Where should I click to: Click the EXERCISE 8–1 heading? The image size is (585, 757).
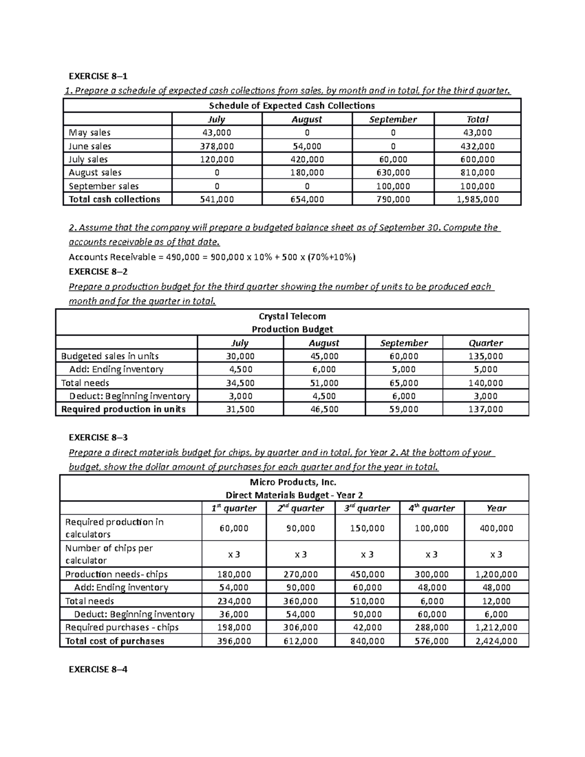(x=98, y=76)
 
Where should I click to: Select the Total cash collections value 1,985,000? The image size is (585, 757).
(x=477, y=199)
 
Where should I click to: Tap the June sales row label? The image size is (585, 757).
(x=90, y=146)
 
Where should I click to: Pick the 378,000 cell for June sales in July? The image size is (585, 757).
(x=217, y=146)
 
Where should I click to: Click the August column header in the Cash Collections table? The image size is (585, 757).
(x=307, y=119)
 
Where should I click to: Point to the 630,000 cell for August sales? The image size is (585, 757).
(x=393, y=173)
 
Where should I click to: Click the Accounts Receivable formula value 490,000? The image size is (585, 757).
(x=179, y=257)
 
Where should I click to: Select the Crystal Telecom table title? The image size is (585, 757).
(x=292, y=316)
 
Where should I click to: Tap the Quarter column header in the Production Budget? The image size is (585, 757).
(x=486, y=343)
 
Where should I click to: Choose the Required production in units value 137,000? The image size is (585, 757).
(x=486, y=409)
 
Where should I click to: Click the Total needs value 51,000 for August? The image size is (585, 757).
(x=324, y=383)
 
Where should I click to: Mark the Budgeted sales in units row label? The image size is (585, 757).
(x=110, y=356)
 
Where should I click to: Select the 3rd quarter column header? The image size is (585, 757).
(x=367, y=508)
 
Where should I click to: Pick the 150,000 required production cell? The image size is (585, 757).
(x=367, y=528)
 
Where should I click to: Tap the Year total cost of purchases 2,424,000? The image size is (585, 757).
(x=496, y=641)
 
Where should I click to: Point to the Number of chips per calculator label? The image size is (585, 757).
(x=109, y=554)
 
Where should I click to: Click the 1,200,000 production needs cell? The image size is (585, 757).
(x=496, y=575)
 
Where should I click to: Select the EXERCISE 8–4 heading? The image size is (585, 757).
(x=98, y=669)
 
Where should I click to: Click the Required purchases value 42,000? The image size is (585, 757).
(x=367, y=628)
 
